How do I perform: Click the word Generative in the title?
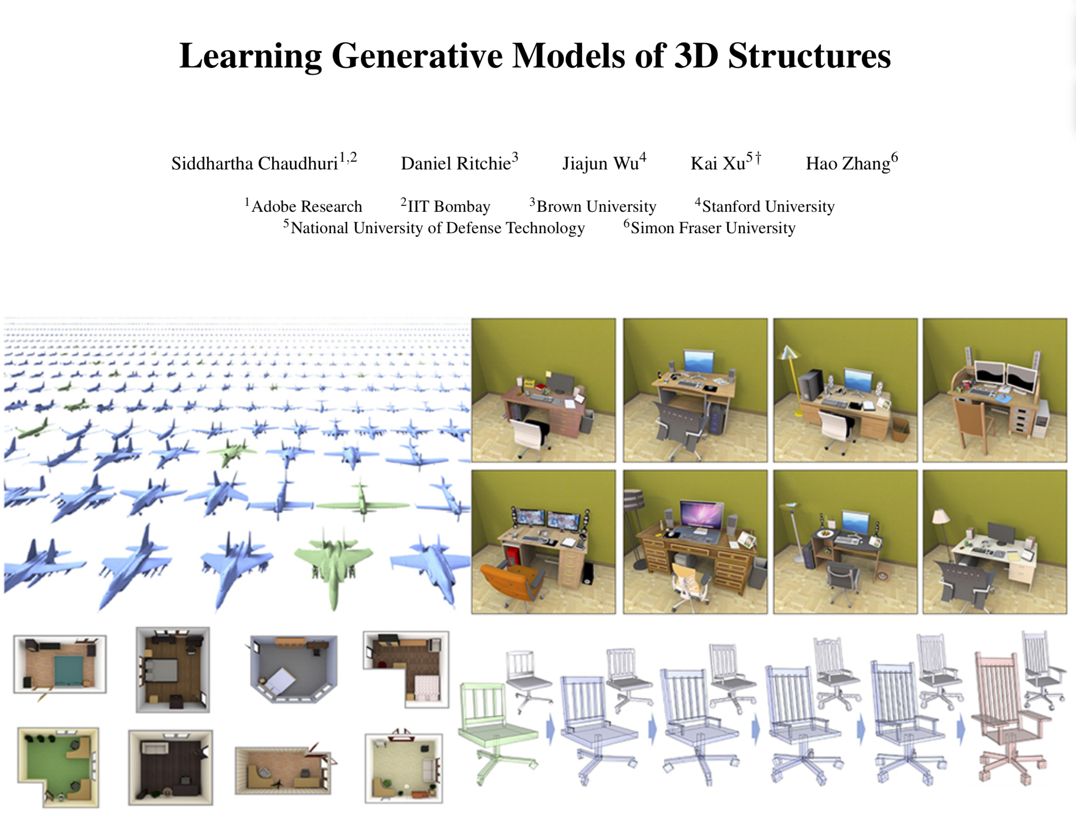417,56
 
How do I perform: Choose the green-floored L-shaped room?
58,767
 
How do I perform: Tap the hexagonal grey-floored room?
293,668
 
